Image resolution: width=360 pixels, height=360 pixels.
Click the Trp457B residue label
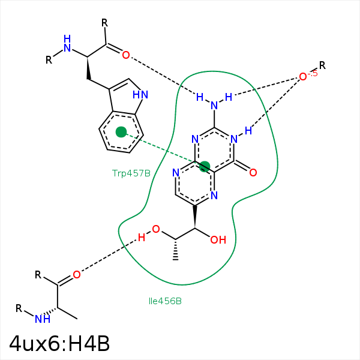click(131, 173)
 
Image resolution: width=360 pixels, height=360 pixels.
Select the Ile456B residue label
click(165, 301)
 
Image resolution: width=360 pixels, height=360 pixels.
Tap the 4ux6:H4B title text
click(59, 344)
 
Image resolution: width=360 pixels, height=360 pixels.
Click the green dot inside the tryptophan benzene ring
click(121, 132)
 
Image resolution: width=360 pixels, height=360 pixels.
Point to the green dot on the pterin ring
click(205, 166)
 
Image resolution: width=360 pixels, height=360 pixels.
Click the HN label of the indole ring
click(140, 95)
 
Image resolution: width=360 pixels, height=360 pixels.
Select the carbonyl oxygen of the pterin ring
click(253, 172)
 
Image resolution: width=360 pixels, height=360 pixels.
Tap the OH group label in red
click(218, 240)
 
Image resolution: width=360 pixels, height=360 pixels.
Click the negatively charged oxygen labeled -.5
click(303, 77)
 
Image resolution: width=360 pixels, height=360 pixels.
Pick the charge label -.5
click(313, 73)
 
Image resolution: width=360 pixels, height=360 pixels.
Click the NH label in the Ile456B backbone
click(43, 319)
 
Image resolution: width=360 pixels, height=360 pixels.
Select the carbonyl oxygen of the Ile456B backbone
click(77, 275)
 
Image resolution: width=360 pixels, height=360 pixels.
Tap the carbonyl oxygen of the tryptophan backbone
click(126, 55)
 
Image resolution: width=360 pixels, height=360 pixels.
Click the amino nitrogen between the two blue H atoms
click(214, 106)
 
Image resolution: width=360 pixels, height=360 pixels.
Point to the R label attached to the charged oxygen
click(322, 65)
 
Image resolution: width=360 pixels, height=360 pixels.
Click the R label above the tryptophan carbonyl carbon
click(104, 23)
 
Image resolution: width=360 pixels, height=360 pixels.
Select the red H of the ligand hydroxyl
click(142, 238)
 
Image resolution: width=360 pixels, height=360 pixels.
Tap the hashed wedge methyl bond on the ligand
click(175, 250)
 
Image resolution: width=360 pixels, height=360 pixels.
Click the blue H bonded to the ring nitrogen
click(248, 131)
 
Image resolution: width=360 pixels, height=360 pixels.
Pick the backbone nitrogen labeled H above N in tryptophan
click(67, 43)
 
